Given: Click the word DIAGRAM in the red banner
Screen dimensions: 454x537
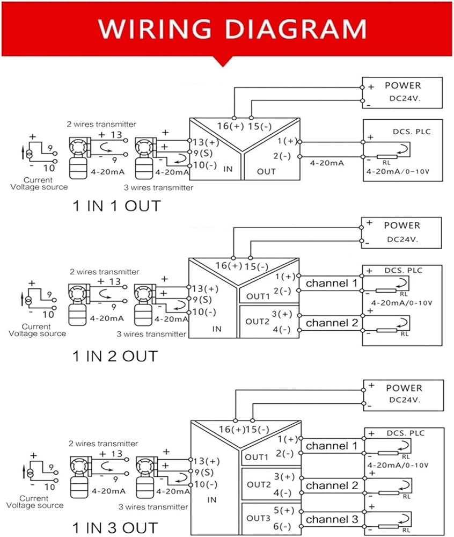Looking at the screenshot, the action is pyautogui.click(x=296, y=28).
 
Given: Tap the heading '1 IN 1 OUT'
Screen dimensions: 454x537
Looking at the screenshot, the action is pyautogui.click(x=116, y=206).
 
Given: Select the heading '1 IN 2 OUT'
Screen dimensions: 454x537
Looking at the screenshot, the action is pyautogui.click(x=115, y=356).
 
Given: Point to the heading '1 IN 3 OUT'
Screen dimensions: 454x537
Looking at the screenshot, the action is pyautogui.click(x=115, y=528).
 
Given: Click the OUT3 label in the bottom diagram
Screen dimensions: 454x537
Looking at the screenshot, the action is pyautogui.click(x=258, y=518).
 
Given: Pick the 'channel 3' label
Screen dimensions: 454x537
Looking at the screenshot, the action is pyautogui.click(x=332, y=519).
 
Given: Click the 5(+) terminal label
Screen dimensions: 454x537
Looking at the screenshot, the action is pyautogui.click(x=284, y=510).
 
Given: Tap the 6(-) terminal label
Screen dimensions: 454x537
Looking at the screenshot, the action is pyautogui.click(x=282, y=526).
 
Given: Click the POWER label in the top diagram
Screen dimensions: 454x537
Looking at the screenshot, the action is pyautogui.click(x=402, y=85).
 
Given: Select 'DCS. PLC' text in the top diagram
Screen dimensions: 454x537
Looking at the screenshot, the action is pyautogui.click(x=412, y=132).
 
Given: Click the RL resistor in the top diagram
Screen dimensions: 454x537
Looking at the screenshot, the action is pyautogui.click(x=387, y=157).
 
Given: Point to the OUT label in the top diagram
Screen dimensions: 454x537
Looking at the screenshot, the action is pyautogui.click(x=266, y=171).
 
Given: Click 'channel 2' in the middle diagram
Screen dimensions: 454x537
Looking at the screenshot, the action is pyautogui.click(x=332, y=323).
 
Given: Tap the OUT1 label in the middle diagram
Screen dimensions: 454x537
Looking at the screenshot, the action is pyautogui.click(x=258, y=296).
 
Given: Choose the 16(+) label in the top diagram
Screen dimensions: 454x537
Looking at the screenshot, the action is pyautogui.click(x=230, y=126).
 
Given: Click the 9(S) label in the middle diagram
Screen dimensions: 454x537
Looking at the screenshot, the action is pyautogui.click(x=202, y=300).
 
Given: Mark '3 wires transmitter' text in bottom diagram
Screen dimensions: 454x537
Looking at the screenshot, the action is pyautogui.click(x=153, y=507).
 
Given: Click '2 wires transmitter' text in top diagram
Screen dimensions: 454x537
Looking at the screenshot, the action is pyautogui.click(x=101, y=124).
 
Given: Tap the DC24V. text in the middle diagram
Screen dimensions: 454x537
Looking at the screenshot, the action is pyautogui.click(x=402, y=240).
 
